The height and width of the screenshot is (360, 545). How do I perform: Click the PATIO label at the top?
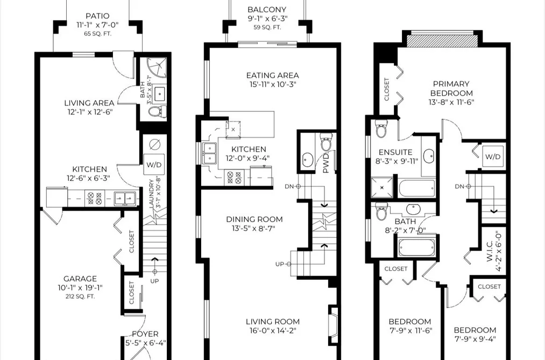[x=98, y=16]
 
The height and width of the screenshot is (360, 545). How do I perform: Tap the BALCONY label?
[x=267, y=10]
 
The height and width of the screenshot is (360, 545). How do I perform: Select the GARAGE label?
[x=80, y=279]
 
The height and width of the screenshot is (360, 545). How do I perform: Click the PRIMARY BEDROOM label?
[x=451, y=89]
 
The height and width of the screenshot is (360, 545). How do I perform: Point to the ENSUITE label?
[x=395, y=152]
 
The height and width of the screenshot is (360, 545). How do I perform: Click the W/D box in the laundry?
[x=154, y=164]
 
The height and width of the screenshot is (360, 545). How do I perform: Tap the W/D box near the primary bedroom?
[x=493, y=157]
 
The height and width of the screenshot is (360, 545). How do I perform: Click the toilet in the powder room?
[x=327, y=143]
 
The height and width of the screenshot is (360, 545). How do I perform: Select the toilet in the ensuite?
[x=381, y=129]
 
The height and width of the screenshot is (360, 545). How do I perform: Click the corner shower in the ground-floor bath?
[x=157, y=68]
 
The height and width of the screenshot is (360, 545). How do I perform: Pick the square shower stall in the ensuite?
[x=382, y=188]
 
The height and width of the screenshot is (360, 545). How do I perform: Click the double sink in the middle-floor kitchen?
[x=210, y=153]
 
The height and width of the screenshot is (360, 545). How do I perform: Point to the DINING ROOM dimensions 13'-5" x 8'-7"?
[x=254, y=228]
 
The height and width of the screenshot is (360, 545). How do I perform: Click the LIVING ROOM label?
[x=272, y=322]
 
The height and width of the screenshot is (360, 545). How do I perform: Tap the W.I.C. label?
[x=490, y=247]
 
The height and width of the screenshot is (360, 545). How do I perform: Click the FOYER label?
[x=145, y=334]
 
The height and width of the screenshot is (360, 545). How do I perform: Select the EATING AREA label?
[x=272, y=75]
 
